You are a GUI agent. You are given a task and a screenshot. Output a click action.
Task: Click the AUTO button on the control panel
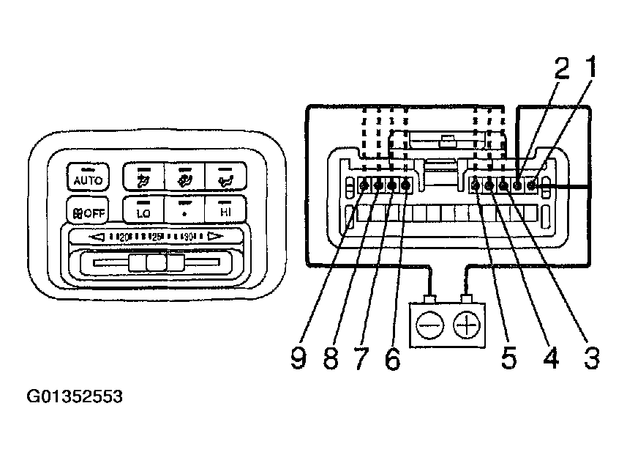tap(88, 179)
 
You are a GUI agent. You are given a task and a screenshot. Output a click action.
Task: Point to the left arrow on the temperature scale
tap(97, 237)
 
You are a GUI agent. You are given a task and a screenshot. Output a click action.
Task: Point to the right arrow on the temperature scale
tap(214, 237)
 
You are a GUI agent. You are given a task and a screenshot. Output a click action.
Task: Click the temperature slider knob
tap(154, 263)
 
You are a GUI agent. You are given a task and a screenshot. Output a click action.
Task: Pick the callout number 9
tap(298, 358)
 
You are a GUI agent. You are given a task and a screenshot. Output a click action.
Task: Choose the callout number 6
tap(394, 358)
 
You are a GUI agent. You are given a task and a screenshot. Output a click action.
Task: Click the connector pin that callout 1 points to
tap(532, 185)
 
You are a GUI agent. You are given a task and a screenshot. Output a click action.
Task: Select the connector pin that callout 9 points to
tap(365, 186)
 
